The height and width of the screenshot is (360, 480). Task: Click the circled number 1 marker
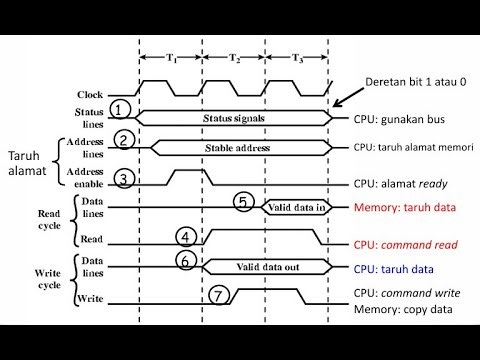[120, 108]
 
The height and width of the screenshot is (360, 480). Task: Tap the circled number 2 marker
[125, 140]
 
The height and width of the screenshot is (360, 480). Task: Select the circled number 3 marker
[125, 178]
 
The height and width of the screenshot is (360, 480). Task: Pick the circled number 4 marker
[186, 237]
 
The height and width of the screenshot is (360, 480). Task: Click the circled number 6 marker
[186, 260]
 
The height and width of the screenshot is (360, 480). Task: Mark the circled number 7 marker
[220, 297]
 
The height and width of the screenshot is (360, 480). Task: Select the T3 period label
[297, 58]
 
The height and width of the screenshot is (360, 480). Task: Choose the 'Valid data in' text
[295, 208]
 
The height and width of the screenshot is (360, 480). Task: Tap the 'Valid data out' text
[266, 267]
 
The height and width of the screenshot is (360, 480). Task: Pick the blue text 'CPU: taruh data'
[395, 268]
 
